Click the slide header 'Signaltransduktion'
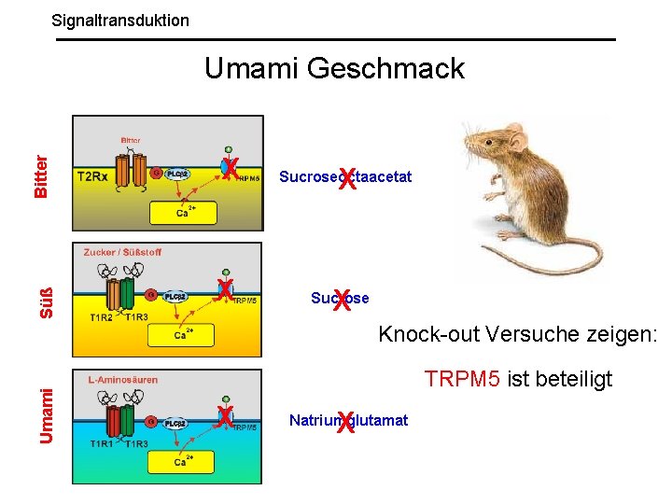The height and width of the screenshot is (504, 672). click(x=120, y=20)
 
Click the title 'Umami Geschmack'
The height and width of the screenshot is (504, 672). click(x=334, y=68)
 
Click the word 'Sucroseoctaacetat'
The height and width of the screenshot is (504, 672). click(x=344, y=175)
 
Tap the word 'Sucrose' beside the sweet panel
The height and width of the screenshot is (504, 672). click(x=340, y=299)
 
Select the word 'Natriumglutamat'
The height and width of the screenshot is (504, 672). click(x=348, y=421)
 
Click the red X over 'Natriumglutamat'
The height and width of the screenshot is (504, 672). click(x=346, y=423)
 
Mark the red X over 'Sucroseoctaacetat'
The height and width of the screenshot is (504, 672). click(x=347, y=177)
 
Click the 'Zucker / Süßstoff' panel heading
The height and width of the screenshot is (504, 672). click(x=122, y=252)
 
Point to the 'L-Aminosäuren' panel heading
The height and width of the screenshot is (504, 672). click(x=122, y=380)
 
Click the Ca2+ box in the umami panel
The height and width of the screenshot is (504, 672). click(x=183, y=461)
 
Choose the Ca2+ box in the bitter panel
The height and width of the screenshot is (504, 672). click(x=185, y=214)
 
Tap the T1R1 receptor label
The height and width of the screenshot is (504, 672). click(x=102, y=443)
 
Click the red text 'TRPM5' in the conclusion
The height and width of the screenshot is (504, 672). click(x=463, y=379)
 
